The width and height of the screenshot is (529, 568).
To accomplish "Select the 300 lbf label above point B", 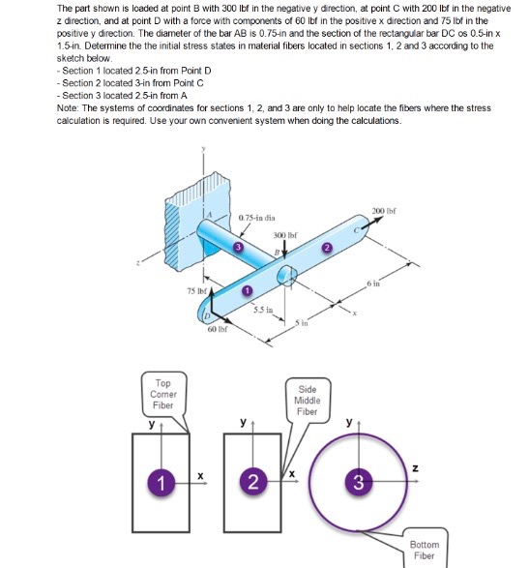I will (x=284, y=236).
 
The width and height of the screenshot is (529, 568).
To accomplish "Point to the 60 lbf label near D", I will (x=218, y=331).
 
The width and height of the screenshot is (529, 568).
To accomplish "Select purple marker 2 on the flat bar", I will (x=327, y=248).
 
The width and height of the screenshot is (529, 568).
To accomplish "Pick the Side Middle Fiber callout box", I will (x=307, y=400).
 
